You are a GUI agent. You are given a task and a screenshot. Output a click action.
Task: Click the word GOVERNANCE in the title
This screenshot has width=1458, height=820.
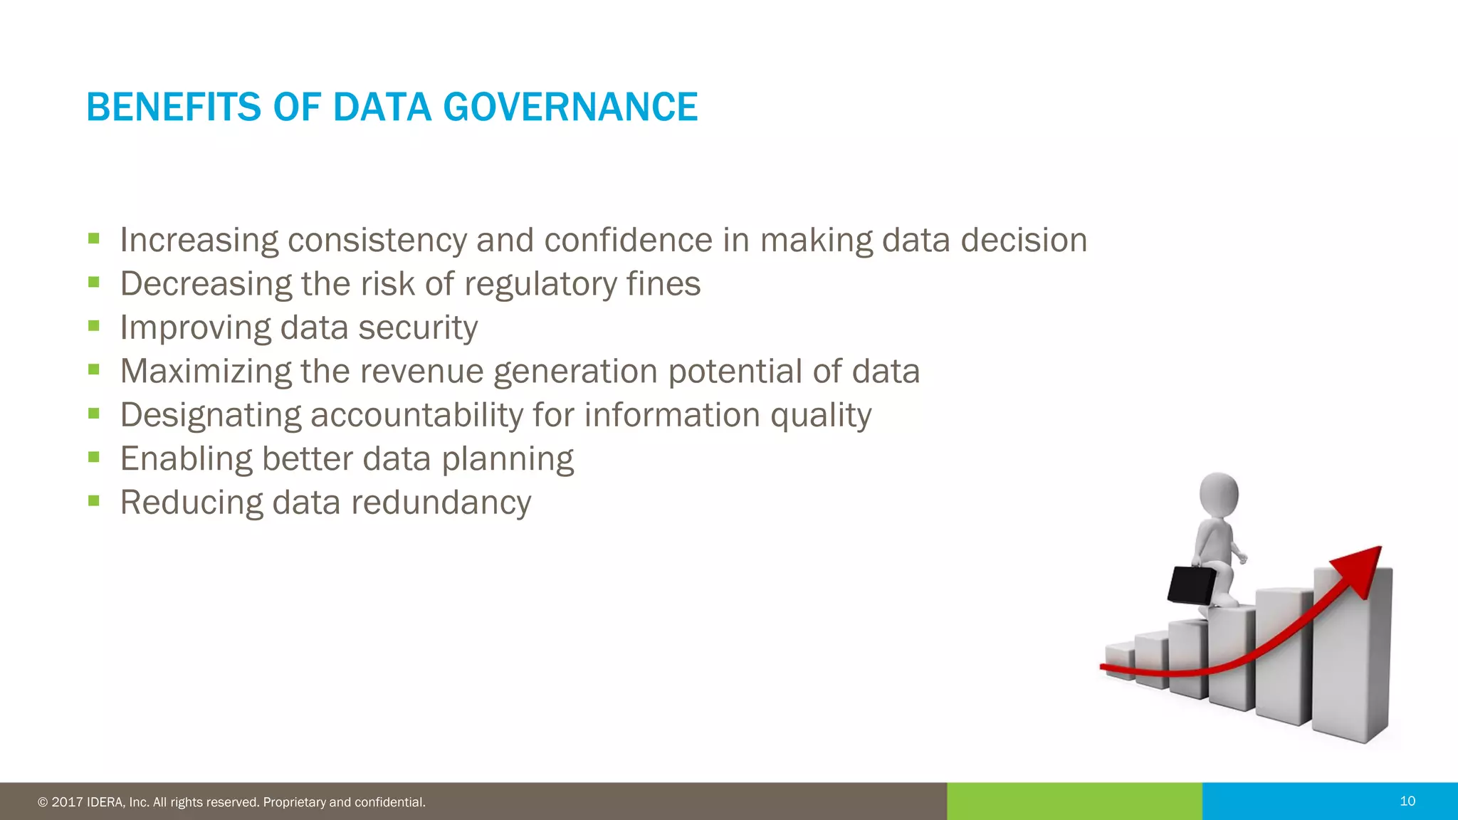[570, 107]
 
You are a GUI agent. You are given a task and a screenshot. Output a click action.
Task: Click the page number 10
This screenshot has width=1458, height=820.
[1407, 801]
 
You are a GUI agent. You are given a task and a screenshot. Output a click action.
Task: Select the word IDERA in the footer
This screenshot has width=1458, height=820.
[106, 803]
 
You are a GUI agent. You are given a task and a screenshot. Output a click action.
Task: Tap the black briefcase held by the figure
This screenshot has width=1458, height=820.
[1192, 585]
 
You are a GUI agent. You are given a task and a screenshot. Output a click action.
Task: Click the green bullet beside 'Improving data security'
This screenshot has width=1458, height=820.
[94, 326]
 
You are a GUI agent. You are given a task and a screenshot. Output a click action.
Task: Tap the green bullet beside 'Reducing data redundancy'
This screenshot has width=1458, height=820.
[94, 500]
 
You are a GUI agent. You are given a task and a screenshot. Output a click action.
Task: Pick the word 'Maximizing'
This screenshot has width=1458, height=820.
[206, 372]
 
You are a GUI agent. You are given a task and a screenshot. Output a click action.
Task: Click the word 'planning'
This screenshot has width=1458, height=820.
[508, 460]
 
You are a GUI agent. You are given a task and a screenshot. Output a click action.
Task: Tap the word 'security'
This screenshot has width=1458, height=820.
[418, 328]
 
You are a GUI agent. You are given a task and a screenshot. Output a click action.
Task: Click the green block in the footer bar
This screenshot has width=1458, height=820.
[1074, 801]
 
